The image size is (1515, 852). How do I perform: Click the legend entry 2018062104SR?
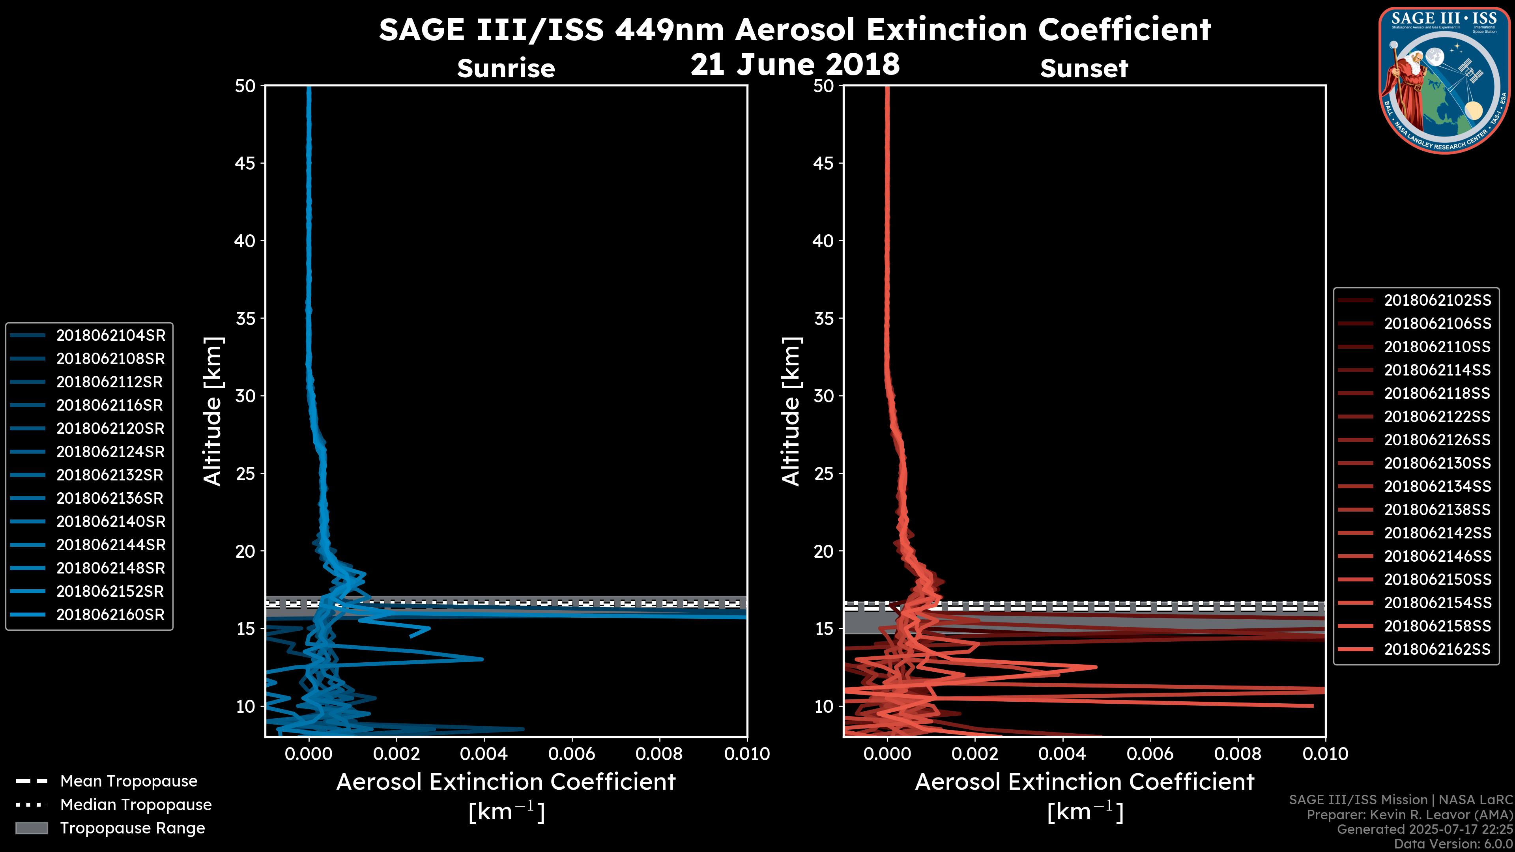(x=110, y=335)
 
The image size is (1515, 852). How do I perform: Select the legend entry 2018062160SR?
(x=110, y=615)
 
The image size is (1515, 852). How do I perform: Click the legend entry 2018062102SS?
(x=1437, y=301)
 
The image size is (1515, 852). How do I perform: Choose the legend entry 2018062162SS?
(x=1437, y=649)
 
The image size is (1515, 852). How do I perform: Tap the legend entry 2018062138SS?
(x=1437, y=510)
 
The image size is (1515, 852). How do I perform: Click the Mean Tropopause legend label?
(x=129, y=781)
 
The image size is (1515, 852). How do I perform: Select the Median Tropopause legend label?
(x=136, y=804)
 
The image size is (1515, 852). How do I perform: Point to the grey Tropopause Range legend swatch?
(x=31, y=828)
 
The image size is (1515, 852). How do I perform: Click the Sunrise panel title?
(x=506, y=68)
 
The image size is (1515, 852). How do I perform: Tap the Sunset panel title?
(x=1084, y=68)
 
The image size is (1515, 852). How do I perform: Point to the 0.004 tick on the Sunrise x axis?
(x=484, y=754)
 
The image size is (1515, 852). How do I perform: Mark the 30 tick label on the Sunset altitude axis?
(x=823, y=396)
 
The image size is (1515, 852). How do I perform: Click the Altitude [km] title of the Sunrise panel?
(x=212, y=411)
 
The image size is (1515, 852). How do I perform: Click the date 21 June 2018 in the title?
(x=795, y=65)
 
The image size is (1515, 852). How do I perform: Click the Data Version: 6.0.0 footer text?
(x=1454, y=844)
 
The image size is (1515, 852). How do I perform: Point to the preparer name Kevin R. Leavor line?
(x=1409, y=815)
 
